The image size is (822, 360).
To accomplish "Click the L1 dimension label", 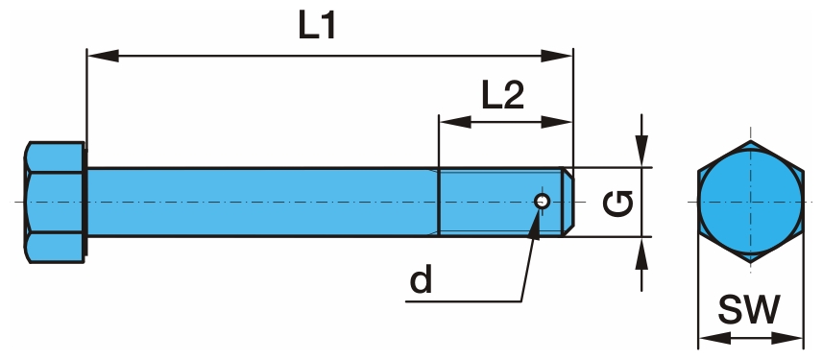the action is coord(317,26).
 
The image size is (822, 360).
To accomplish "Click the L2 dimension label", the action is coord(503,95).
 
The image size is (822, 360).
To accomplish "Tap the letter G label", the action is coord(618,204).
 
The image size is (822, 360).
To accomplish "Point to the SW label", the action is coord(749,309).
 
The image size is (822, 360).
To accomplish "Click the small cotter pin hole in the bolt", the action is coord(542,201).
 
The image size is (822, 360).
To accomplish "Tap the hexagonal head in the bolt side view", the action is coord(55,202).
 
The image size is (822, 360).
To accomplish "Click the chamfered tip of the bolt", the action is coord(568,202).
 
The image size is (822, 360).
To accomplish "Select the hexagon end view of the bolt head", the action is coord(750,202).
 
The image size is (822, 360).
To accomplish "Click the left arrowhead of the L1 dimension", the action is coord(103,56).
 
